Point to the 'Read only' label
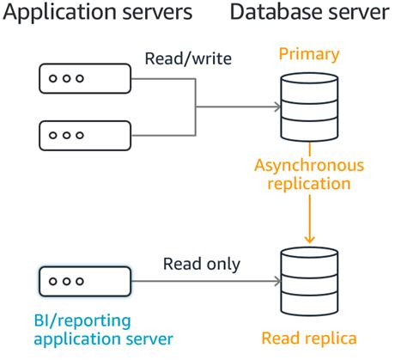click(203, 264)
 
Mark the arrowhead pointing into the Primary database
click(276, 107)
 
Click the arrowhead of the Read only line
click(276, 281)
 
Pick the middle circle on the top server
click(66, 78)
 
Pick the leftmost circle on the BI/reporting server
click(53, 281)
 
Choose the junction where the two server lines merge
click(197, 107)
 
